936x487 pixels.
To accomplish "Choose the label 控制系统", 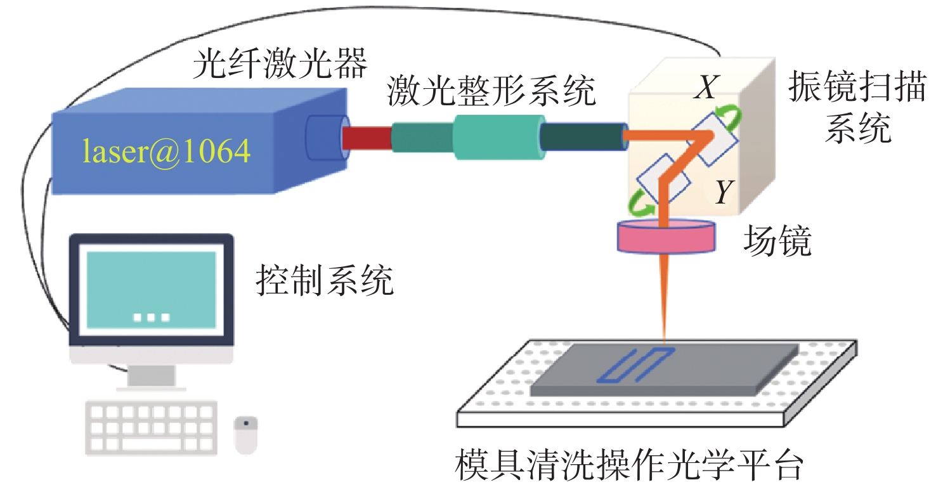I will [x=325, y=282].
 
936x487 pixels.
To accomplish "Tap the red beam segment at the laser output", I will [x=367, y=136].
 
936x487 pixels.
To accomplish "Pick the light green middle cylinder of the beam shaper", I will [x=498, y=135].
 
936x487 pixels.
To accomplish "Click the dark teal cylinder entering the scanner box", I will [x=582, y=136].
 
